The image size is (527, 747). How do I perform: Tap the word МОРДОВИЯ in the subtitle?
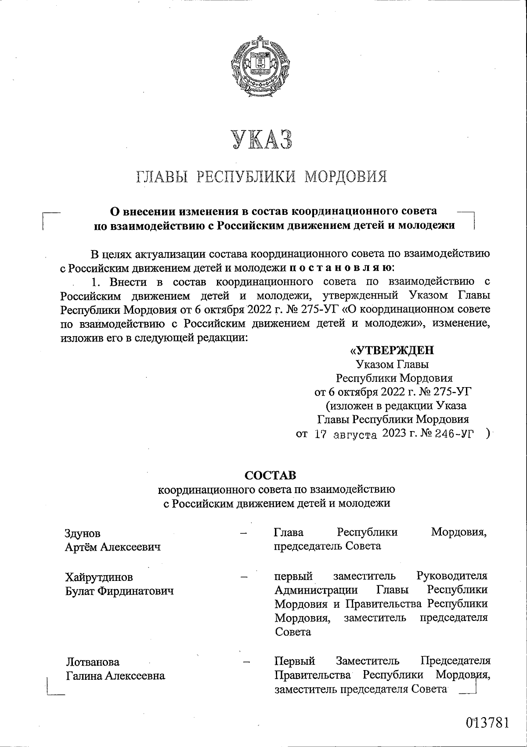click(346, 177)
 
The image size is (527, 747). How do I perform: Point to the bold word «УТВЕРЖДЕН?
click(391, 350)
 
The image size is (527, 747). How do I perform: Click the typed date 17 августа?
click(347, 435)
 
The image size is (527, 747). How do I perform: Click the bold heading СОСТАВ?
click(270, 475)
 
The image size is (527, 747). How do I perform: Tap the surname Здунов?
click(83, 533)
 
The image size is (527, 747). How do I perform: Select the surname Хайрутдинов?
click(99, 577)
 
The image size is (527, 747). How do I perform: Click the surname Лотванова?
click(93, 662)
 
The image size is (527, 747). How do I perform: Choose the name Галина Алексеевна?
click(116, 676)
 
